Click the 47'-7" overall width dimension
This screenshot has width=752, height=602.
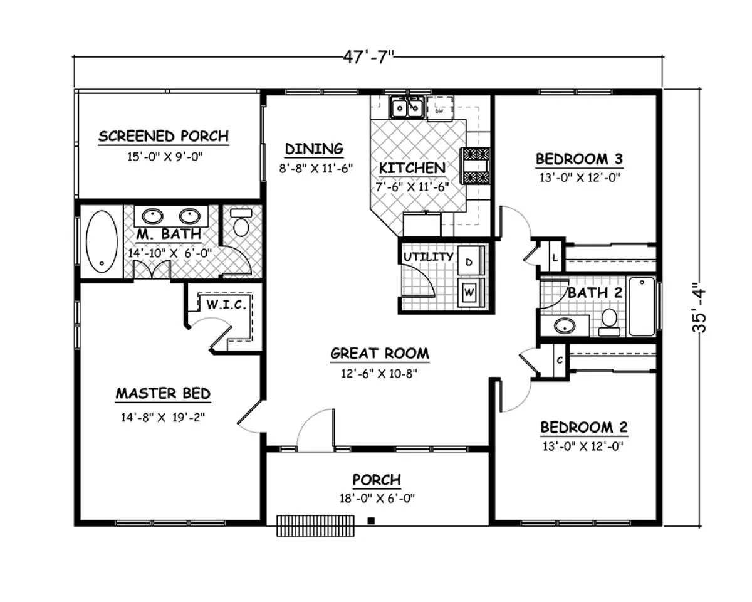click(x=368, y=56)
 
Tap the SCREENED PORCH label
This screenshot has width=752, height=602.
click(x=164, y=136)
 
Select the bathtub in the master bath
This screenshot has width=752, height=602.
click(x=102, y=241)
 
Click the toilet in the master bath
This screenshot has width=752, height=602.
click(x=241, y=223)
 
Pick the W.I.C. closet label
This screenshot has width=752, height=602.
click(x=226, y=305)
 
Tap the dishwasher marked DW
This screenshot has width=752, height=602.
click(x=440, y=108)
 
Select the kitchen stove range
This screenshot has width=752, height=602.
click(x=476, y=166)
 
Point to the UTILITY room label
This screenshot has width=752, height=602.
click(x=428, y=256)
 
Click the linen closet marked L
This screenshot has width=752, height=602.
click(x=556, y=258)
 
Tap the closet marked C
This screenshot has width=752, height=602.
click(x=560, y=361)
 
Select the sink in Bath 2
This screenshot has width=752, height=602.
click(x=565, y=326)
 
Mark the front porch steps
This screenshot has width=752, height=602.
click(x=315, y=525)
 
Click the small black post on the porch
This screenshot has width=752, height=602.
click(x=371, y=521)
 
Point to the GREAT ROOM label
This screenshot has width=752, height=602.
click(x=380, y=353)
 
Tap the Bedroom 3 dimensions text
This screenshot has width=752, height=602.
click(x=580, y=177)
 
